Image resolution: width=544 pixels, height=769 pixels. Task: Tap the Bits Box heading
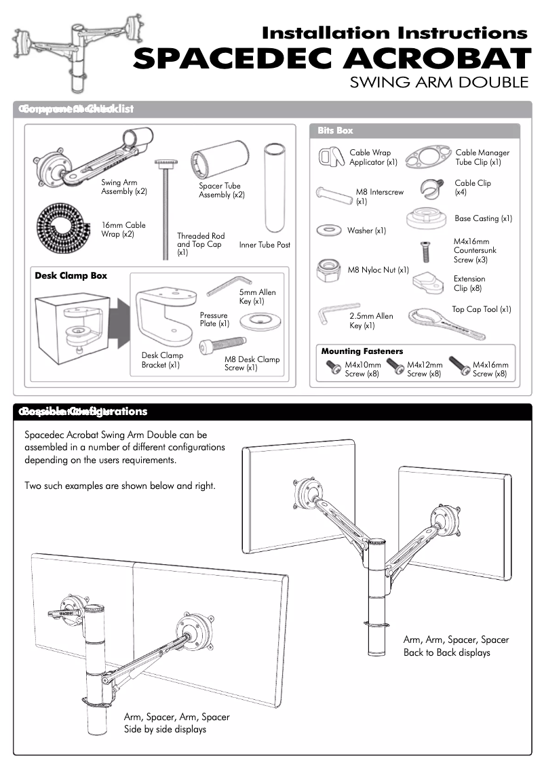[x=335, y=130]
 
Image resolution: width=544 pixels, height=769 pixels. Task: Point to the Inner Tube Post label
[x=265, y=245]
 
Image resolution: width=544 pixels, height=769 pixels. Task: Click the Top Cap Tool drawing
[x=448, y=325]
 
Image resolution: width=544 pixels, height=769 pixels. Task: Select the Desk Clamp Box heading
[x=71, y=276]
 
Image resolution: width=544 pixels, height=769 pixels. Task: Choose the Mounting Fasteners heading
[x=362, y=351]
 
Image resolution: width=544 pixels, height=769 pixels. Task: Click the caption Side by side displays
[x=165, y=729]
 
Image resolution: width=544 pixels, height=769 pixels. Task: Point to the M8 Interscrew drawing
[x=332, y=193]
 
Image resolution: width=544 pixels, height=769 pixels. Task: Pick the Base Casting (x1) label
[x=483, y=218]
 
